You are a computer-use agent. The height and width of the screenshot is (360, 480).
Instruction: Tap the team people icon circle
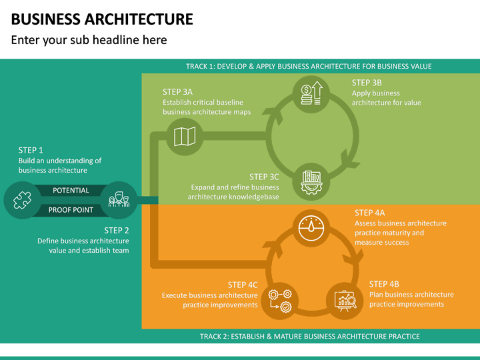click(x=119, y=200)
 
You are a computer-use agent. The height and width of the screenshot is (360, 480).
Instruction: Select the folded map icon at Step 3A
click(x=184, y=137)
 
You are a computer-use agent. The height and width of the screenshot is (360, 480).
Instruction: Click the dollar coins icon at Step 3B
click(x=311, y=93)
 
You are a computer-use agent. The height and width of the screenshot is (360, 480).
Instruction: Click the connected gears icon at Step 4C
click(x=280, y=299)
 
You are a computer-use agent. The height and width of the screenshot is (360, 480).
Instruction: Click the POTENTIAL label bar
click(x=71, y=191)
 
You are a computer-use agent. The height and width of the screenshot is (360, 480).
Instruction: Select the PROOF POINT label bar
click(x=71, y=210)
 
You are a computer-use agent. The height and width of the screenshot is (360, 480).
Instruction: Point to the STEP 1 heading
click(x=31, y=151)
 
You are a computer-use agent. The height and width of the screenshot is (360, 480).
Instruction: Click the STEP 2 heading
click(x=116, y=231)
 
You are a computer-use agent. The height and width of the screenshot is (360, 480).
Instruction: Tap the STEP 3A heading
click(x=177, y=92)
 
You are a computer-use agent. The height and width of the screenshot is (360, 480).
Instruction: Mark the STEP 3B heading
click(x=367, y=83)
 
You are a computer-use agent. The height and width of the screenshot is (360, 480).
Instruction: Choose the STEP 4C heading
click(x=243, y=285)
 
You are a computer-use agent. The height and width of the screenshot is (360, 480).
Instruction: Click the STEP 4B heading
click(x=384, y=284)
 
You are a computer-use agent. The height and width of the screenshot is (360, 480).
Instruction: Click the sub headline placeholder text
click(x=89, y=40)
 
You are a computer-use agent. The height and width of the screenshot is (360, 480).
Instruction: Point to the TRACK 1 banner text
click(x=309, y=67)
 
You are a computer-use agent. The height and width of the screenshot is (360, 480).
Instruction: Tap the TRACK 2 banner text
click(x=310, y=337)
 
